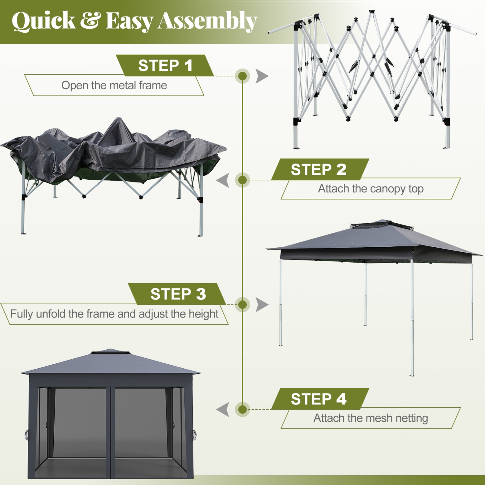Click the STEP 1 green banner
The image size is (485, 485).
[165, 66]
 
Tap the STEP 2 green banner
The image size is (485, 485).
[319, 169]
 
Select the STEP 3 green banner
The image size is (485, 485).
[177, 294]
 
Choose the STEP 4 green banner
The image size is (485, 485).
[319, 399]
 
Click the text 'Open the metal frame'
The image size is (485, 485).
[114, 85]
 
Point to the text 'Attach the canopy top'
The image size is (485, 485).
[371, 189]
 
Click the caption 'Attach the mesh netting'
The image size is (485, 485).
[371, 418]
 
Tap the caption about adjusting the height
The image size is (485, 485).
[114, 314]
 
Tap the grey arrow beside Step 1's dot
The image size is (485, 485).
[262, 76]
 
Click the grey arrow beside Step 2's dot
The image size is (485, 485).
[223, 180]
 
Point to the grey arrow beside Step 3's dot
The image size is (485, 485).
[262, 305]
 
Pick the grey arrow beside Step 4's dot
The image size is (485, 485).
[223, 409]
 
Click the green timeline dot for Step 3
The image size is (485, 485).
[242, 305]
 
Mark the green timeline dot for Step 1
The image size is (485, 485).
[242, 76]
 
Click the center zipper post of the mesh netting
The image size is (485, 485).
[110, 430]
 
